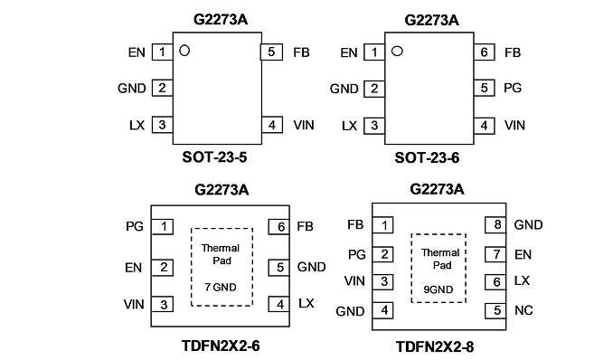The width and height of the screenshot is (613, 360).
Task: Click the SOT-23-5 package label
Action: (x=214, y=157)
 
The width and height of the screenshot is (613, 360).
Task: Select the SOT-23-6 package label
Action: (x=427, y=157)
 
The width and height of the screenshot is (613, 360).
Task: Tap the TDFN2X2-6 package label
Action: (x=221, y=346)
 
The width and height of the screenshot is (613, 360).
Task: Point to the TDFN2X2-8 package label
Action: (x=435, y=346)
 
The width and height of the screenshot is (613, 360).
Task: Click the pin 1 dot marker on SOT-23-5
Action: (x=184, y=51)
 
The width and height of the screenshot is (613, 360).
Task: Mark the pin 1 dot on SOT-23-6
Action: (x=397, y=51)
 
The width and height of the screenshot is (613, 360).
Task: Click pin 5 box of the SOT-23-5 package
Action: (x=272, y=52)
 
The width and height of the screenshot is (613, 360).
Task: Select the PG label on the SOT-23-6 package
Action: (x=513, y=88)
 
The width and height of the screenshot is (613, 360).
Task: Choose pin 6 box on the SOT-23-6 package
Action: (x=484, y=52)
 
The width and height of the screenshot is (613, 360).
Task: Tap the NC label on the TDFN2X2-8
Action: (x=523, y=310)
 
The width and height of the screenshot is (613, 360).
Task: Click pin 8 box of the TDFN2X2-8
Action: (x=495, y=224)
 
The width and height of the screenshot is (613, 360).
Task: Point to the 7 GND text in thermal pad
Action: (x=221, y=288)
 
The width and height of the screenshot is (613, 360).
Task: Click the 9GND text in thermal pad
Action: (x=439, y=289)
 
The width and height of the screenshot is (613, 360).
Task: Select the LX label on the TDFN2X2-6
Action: (x=306, y=303)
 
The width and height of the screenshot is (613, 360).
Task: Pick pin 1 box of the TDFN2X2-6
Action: (x=162, y=226)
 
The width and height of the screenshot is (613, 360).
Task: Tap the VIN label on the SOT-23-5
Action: (x=304, y=125)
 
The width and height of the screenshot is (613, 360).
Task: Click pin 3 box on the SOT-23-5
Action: (x=162, y=125)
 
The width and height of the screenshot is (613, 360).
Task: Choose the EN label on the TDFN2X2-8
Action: (x=523, y=255)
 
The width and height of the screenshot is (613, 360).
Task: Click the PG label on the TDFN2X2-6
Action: (x=135, y=226)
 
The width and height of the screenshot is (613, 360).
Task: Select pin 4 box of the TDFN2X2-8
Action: (x=382, y=310)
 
